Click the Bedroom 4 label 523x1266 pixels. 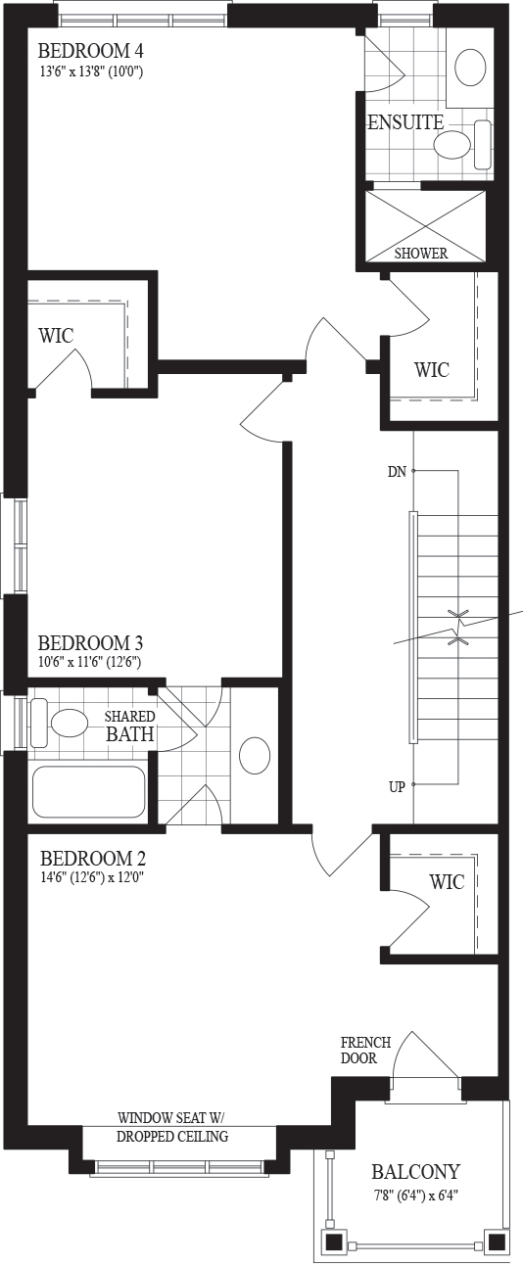click(90, 51)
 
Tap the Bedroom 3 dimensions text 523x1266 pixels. click(89, 662)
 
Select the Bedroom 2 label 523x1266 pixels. click(93, 859)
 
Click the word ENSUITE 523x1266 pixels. click(405, 122)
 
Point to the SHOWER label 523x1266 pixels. click(421, 254)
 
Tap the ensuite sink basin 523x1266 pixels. click(470, 68)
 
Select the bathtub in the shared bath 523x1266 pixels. click(88, 791)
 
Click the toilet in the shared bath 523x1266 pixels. click(60, 723)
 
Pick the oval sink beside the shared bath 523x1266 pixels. click(255, 756)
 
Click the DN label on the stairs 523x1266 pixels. click(397, 471)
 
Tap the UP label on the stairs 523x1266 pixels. click(397, 787)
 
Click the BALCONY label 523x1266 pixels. click(415, 1172)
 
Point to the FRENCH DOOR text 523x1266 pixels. click(365, 1050)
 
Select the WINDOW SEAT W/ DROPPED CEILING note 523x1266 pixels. click(172, 1127)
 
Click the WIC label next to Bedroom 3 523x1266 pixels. click(56, 335)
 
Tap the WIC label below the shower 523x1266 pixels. click(432, 370)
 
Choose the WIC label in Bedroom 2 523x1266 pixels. click(447, 881)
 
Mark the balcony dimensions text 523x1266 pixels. click(415, 1194)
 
